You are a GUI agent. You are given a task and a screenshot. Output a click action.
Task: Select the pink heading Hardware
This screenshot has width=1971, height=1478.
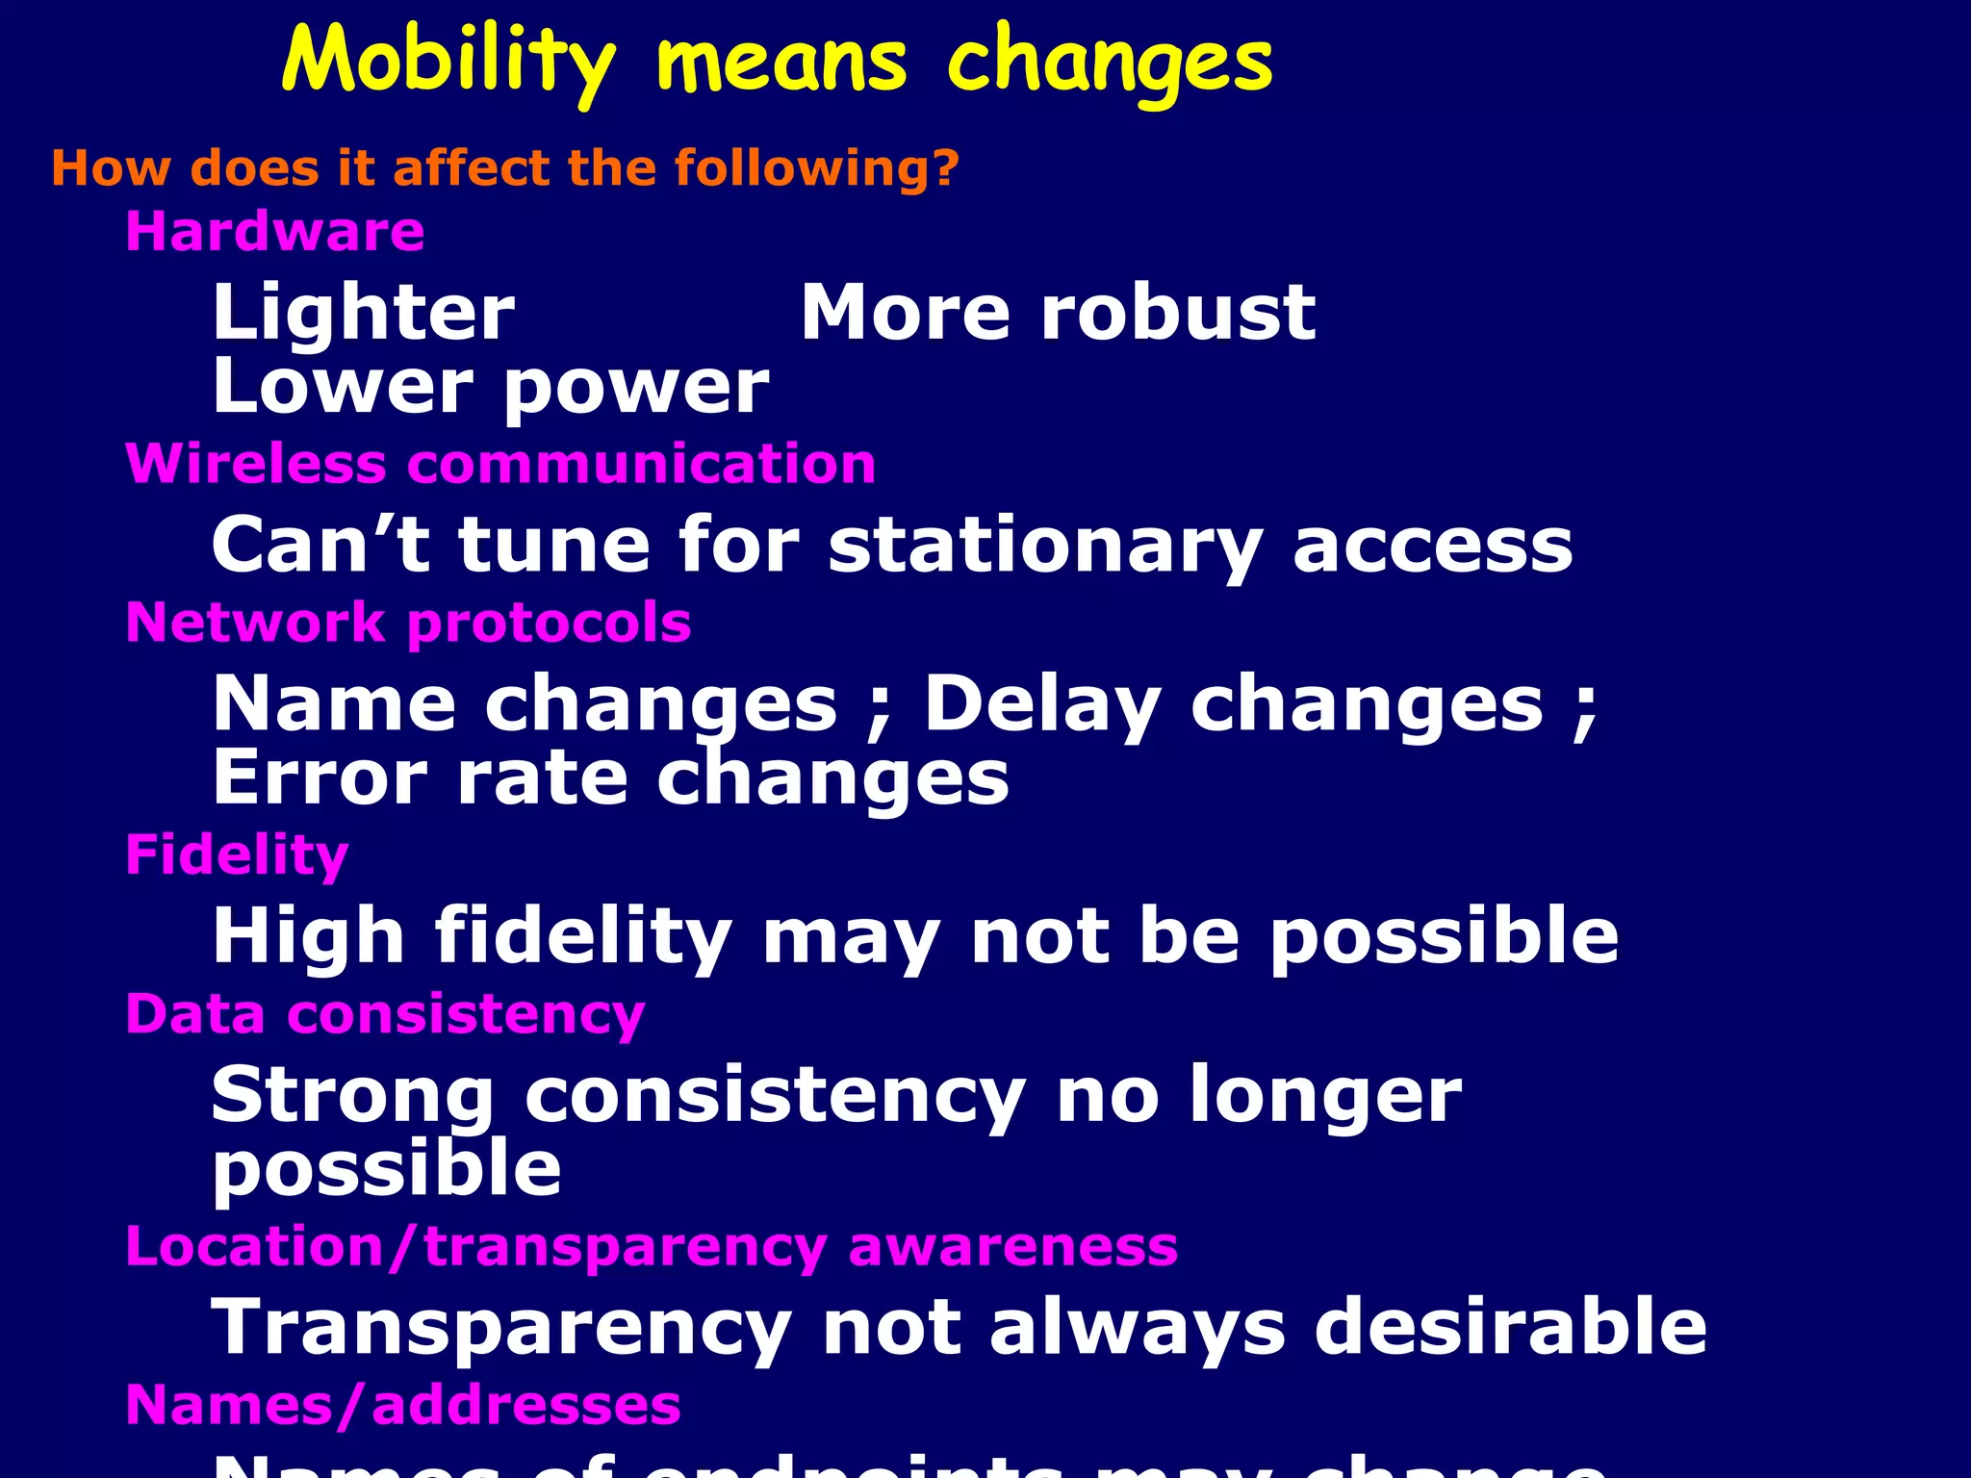(275, 232)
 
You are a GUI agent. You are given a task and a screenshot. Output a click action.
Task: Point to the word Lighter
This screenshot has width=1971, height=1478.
(364, 313)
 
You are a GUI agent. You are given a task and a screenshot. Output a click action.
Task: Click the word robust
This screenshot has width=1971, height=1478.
(1178, 313)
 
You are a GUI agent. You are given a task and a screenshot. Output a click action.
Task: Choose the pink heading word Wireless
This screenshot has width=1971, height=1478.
(256, 464)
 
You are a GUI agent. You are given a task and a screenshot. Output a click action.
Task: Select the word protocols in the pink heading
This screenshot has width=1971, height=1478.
(549, 623)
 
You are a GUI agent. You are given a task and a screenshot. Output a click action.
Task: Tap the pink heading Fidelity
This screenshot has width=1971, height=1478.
(237, 854)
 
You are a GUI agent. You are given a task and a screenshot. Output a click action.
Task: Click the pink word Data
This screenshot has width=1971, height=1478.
(195, 1014)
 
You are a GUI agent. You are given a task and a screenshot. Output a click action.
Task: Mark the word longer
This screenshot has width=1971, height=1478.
(1325, 1097)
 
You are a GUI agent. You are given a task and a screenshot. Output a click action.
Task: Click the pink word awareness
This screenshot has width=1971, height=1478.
(1012, 1247)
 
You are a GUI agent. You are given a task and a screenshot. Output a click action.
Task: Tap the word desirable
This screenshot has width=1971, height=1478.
(1510, 1327)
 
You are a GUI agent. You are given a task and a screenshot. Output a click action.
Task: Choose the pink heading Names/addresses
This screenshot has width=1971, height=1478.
(403, 1405)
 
